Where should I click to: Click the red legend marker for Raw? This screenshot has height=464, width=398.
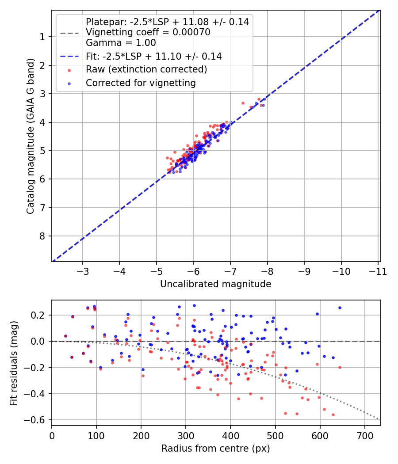click(x=69, y=70)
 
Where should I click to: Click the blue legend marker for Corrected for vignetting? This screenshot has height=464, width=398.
click(x=69, y=84)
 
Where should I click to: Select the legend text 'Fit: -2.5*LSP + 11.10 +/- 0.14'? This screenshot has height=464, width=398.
click(x=154, y=56)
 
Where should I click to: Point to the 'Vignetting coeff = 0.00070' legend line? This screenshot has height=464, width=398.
click(x=148, y=32)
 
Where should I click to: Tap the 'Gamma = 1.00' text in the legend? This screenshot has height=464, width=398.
click(x=121, y=42)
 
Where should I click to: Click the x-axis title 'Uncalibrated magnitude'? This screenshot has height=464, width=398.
click(x=216, y=284)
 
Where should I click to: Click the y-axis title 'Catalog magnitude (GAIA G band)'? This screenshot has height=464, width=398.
click(x=31, y=136)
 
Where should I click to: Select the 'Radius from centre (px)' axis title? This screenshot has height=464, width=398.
click(x=216, y=449)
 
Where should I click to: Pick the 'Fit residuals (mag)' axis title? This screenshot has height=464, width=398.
click(x=14, y=363)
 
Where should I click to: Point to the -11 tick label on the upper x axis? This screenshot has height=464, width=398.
click(x=378, y=271)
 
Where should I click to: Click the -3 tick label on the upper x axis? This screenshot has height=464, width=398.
click(x=83, y=271)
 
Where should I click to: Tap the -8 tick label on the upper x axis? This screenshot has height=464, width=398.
click(x=268, y=271)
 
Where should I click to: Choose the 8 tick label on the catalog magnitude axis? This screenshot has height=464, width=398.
click(x=42, y=236)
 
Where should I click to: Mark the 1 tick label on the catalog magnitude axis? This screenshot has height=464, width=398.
click(x=42, y=37)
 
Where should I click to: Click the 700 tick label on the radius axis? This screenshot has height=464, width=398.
click(x=364, y=436)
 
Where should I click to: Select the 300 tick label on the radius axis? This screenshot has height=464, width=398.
click(x=186, y=436)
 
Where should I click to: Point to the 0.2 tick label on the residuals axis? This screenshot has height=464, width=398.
click(x=38, y=315)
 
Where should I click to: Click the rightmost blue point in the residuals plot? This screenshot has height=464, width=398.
click(x=340, y=308)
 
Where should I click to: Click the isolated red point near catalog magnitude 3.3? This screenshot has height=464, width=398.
click(x=243, y=103)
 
